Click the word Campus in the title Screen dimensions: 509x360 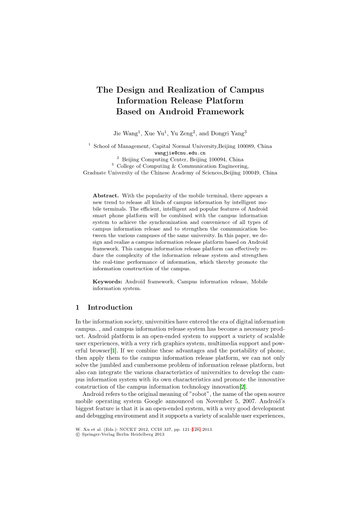246,90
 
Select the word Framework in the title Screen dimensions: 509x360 220,112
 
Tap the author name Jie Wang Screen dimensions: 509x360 125,133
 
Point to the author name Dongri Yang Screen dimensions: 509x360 227,133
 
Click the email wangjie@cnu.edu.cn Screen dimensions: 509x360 180,153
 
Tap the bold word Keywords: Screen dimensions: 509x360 107,282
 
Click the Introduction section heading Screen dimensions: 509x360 110,308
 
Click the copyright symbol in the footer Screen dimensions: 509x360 77,435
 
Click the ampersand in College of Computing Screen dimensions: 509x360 174,166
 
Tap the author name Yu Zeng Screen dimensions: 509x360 182,133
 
